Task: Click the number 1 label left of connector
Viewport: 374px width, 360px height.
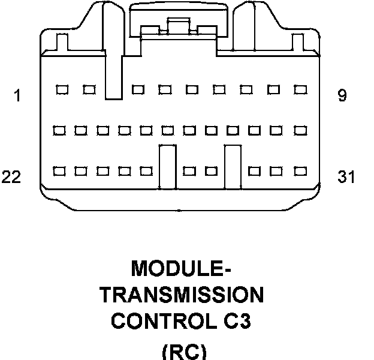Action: (x=18, y=95)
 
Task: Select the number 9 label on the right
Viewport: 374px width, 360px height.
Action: (x=342, y=95)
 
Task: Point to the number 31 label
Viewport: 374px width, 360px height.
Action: (x=346, y=178)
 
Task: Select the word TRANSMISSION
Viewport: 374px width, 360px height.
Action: (x=182, y=295)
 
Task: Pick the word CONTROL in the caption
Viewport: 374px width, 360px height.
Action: (x=159, y=322)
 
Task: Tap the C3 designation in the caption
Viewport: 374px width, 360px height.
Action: (x=236, y=322)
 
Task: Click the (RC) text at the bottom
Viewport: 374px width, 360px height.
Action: (x=184, y=351)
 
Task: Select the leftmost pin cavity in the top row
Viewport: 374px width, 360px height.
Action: (x=61, y=90)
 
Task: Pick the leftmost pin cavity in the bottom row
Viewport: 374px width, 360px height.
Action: (x=59, y=171)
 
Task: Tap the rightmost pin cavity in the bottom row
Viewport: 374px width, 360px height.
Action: (x=298, y=171)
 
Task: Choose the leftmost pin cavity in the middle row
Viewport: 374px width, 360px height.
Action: (x=59, y=130)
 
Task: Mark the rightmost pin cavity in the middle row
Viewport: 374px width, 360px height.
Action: (x=299, y=130)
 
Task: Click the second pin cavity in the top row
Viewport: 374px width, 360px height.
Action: (x=89, y=90)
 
